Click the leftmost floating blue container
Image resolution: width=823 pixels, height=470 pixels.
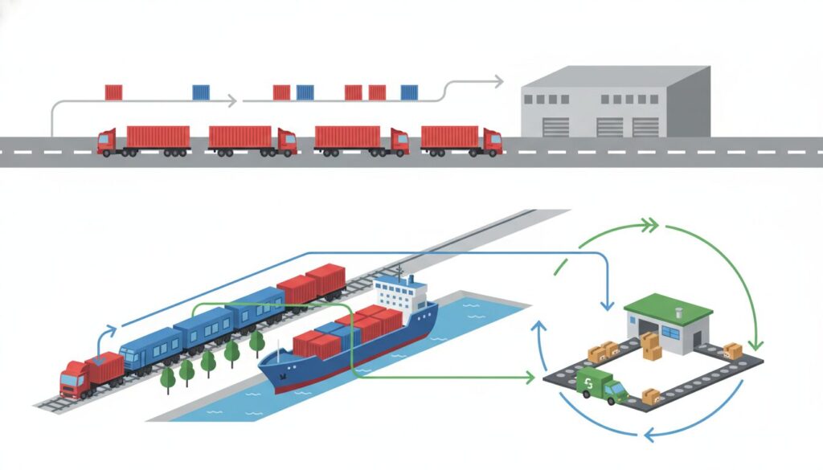pos(201,92)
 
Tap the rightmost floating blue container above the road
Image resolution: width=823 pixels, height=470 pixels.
pos(410,92)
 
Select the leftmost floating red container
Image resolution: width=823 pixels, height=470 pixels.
pos(113,92)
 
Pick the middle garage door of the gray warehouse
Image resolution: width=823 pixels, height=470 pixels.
pos(609,127)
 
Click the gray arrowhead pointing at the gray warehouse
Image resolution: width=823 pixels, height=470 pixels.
pos(498,81)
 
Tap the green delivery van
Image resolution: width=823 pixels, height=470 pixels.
pos(601,386)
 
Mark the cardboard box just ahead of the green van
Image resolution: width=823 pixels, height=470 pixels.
pos(650,395)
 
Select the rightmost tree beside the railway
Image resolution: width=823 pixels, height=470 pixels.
pos(256,341)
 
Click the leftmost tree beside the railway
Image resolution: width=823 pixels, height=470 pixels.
pos(168,377)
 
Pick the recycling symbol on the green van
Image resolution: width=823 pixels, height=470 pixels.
pos(589,380)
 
